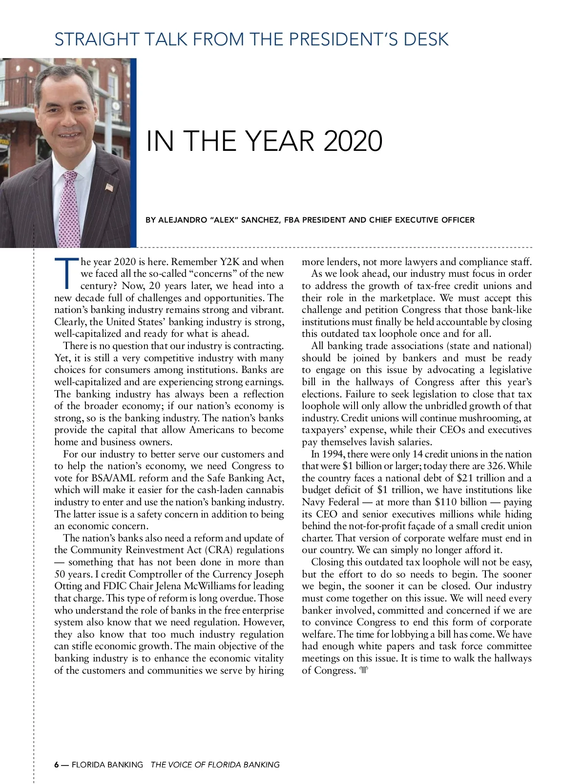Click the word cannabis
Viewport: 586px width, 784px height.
tap(264, 490)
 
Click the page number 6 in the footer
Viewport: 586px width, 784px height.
tap(57, 764)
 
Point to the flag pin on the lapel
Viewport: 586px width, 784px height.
tap(109, 186)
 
